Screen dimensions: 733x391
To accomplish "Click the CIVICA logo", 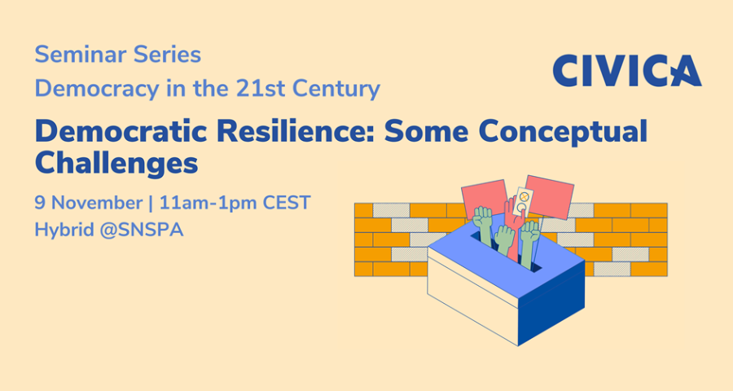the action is pos(627,71).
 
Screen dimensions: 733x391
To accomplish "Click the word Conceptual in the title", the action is pos(563,131).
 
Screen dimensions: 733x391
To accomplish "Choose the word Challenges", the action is pos(116,164).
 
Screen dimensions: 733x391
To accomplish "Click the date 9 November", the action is pos(88,203).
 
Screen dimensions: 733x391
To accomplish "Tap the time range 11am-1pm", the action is pos(208,204).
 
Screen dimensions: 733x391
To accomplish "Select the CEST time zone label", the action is pos(287,203).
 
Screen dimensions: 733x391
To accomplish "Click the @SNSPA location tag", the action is pos(142,230).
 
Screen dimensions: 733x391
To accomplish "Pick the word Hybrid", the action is pos(64,231).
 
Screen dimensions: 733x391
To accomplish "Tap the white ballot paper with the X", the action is pos(523,201).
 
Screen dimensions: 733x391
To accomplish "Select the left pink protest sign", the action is pos(485,198).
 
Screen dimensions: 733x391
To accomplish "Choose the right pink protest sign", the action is pos(549,196).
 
